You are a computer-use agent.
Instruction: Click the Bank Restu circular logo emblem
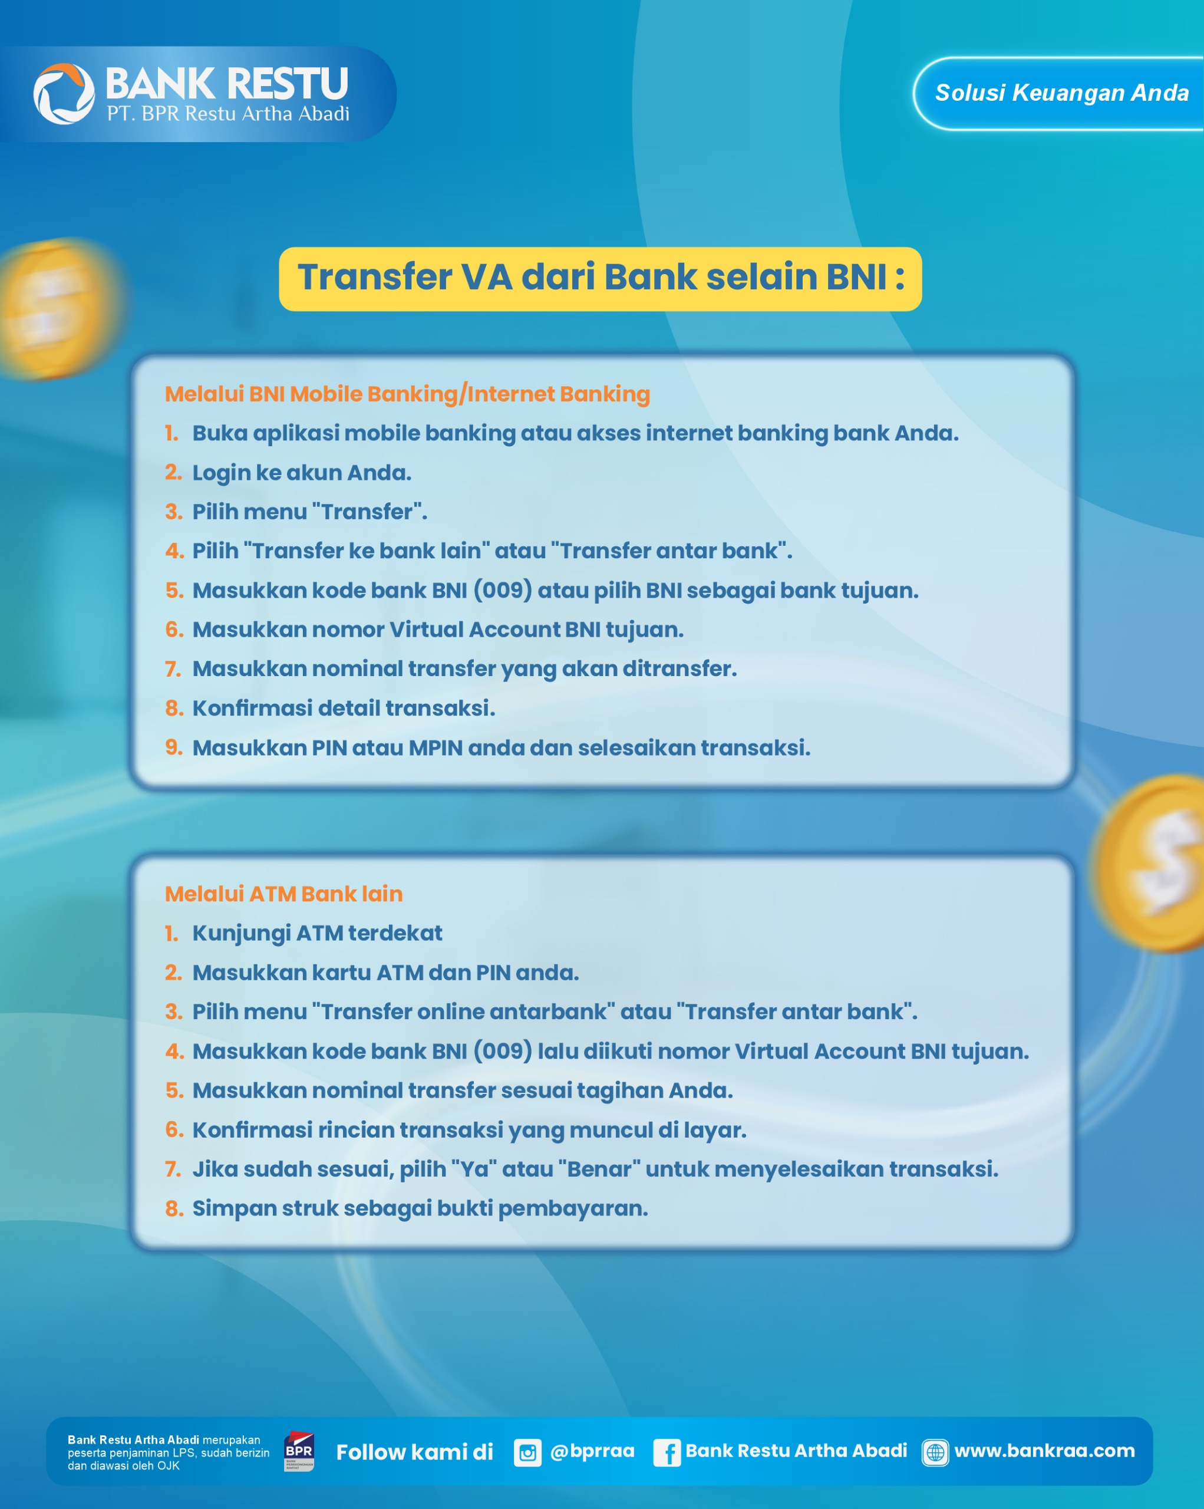click(x=64, y=94)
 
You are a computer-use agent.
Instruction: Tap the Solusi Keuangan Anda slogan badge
click(x=1058, y=93)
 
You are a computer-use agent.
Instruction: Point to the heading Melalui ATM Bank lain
click(x=283, y=894)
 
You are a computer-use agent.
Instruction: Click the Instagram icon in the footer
click(x=527, y=1453)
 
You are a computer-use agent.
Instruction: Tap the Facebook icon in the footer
click(x=667, y=1453)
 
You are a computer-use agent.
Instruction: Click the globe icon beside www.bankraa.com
click(x=935, y=1452)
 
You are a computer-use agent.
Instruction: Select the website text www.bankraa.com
click(x=1044, y=1451)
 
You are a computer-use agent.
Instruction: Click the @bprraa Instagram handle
click(x=592, y=1451)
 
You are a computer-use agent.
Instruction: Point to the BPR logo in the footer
click(x=299, y=1452)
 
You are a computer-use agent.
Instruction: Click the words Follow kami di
click(x=415, y=1452)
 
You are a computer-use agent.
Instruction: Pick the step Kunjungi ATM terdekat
click(x=317, y=934)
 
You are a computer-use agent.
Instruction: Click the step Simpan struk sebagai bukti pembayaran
click(x=420, y=1209)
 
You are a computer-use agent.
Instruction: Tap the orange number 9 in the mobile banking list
click(x=173, y=747)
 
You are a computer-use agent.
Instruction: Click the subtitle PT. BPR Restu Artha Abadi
click(x=228, y=113)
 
